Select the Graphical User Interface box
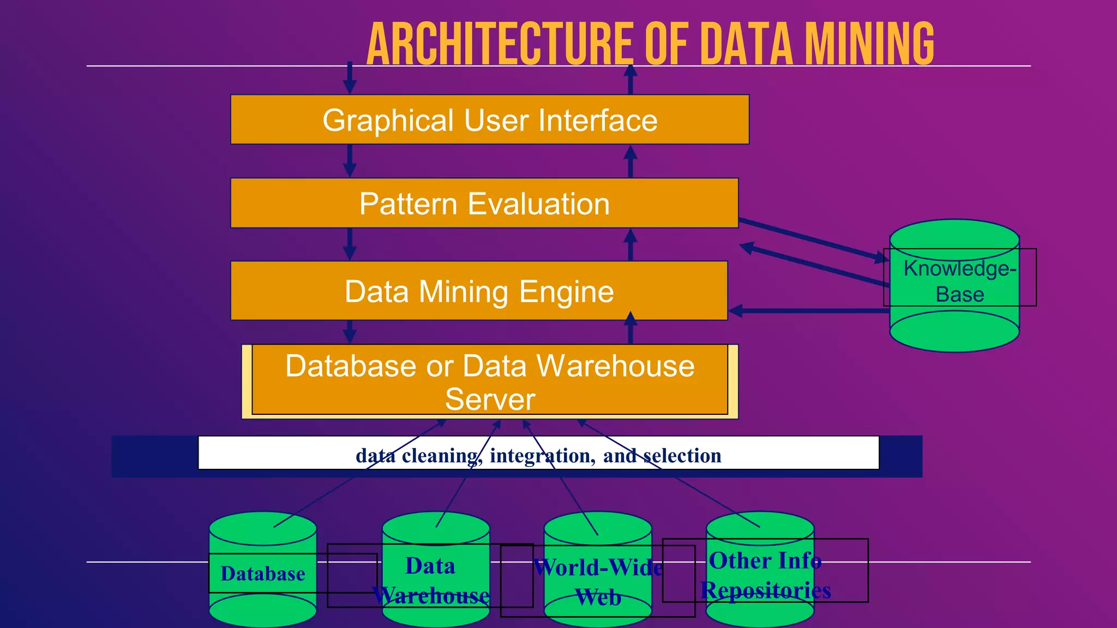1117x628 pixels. [489, 120]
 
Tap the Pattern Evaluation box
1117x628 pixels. [484, 203]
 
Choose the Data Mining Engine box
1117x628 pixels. [478, 291]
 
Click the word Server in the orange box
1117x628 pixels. [489, 399]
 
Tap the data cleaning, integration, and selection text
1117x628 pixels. [538, 455]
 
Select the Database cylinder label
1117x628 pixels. [262, 573]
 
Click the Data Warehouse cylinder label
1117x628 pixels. [430, 581]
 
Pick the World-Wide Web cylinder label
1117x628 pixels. [598, 582]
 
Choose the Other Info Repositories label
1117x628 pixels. [765, 576]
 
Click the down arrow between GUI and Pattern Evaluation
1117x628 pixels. [350, 161]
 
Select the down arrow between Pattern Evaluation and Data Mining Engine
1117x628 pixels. [350, 244]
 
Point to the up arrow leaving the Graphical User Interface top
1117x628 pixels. [630, 79]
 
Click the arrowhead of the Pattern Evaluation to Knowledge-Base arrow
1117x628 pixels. [879, 257]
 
